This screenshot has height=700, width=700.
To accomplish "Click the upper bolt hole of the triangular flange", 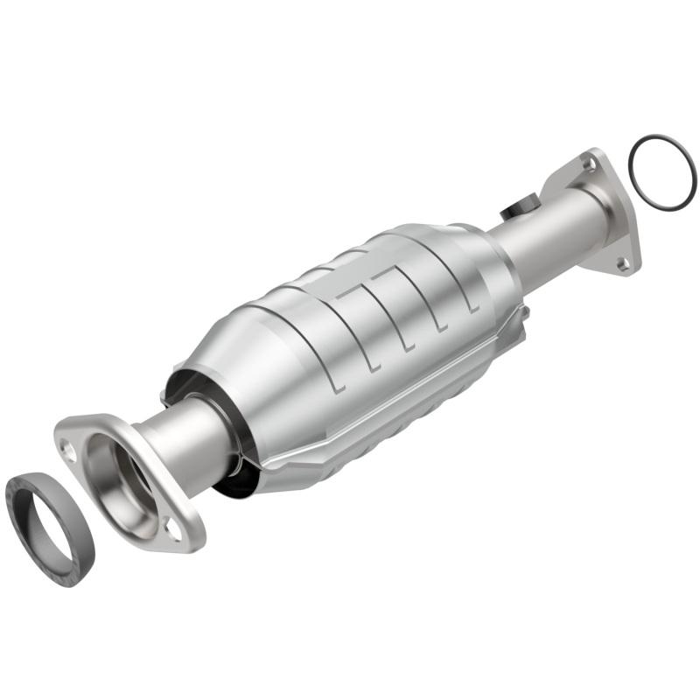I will point(587,163).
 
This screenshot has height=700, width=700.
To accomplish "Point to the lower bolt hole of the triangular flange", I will point(622,262).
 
